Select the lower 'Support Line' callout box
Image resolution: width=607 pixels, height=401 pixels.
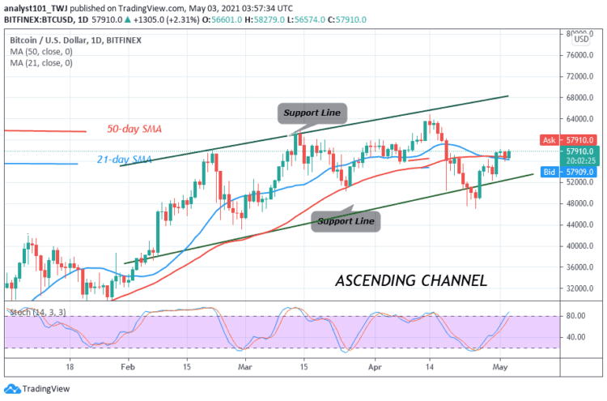pyautogui.click(x=346, y=220)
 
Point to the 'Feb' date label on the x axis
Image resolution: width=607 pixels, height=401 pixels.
pyautogui.click(x=128, y=366)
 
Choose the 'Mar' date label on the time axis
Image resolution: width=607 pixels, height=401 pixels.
pyautogui.click(x=245, y=366)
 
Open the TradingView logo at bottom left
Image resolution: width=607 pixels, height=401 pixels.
pyautogui.click(x=40, y=388)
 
